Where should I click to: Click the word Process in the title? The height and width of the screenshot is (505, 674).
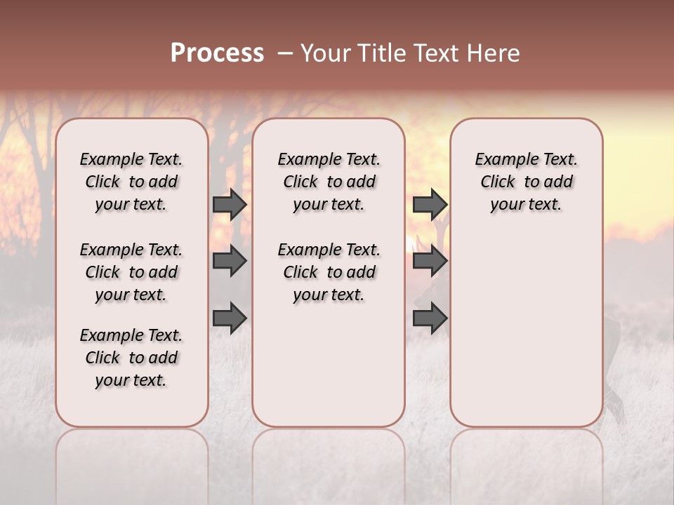click(217, 53)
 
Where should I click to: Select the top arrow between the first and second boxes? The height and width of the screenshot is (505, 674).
click(230, 204)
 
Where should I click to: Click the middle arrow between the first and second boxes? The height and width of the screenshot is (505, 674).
click(230, 261)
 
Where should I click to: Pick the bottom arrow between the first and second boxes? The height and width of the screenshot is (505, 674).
click(230, 318)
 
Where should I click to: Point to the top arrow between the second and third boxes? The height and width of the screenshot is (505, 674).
click(430, 204)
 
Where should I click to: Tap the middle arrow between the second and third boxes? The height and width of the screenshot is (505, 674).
click(430, 261)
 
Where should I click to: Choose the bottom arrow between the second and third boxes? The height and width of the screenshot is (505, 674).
click(430, 318)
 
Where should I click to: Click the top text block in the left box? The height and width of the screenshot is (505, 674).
click(131, 182)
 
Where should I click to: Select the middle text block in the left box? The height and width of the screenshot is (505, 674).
click(131, 272)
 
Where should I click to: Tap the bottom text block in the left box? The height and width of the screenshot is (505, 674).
click(131, 358)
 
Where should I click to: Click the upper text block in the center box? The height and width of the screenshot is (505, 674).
click(329, 182)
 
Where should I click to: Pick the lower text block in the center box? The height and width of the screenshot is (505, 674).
click(329, 272)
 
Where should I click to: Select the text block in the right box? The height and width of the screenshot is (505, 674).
click(526, 182)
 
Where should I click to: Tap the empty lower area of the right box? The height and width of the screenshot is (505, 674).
click(526, 330)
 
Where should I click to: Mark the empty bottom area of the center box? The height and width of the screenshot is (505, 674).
click(329, 372)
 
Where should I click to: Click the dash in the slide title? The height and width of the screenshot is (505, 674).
click(284, 53)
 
